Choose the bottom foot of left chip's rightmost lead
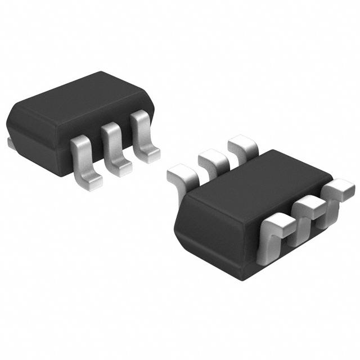pos(151,155)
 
